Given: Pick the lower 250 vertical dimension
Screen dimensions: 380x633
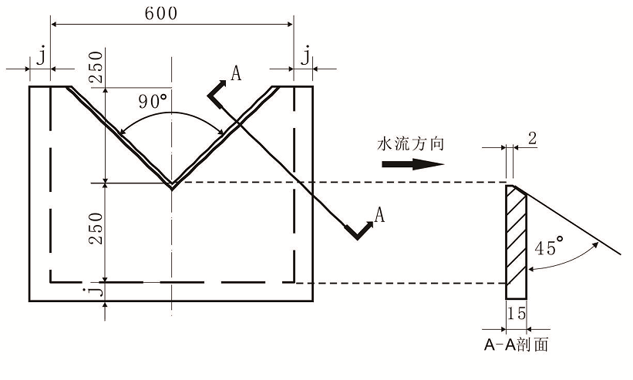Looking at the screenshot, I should [x=95, y=229].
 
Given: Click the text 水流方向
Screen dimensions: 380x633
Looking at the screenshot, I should [x=410, y=144].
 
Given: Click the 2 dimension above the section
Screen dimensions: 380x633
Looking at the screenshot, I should [x=534, y=138].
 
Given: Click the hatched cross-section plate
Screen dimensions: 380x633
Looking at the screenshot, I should [x=516, y=243].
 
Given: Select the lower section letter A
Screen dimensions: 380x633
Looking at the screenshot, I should [x=379, y=215].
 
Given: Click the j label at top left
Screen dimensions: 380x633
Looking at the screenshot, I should [x=40, y=55].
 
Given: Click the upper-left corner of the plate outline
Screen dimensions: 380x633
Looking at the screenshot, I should [x=29, y=86].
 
